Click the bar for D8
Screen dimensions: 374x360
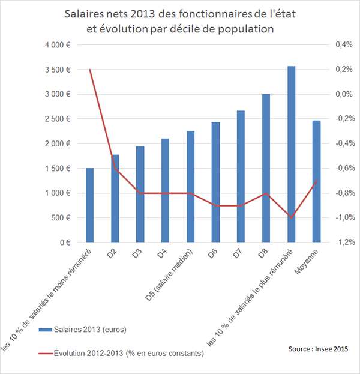(266, 168)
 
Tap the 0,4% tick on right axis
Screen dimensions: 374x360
(343, 45)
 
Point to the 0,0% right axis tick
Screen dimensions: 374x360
(343, 94)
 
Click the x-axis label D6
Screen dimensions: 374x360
(212, 255)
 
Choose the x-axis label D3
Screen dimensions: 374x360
(136, 255)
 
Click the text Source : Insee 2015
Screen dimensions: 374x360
(316, 349)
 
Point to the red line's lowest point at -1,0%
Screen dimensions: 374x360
(291, 217)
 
